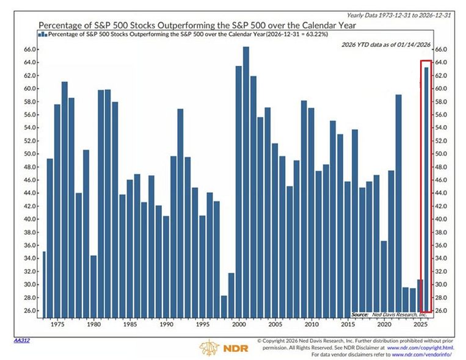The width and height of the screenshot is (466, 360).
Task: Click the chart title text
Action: click(x=183, y=25)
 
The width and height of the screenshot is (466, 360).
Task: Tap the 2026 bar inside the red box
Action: click(x=426, y=189)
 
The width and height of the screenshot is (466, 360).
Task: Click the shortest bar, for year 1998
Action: click(x=224, y=304)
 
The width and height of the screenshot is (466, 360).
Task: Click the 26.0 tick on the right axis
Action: click(x=442, y=311)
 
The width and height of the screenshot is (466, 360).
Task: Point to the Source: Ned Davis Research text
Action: click(x=391, y=314)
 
